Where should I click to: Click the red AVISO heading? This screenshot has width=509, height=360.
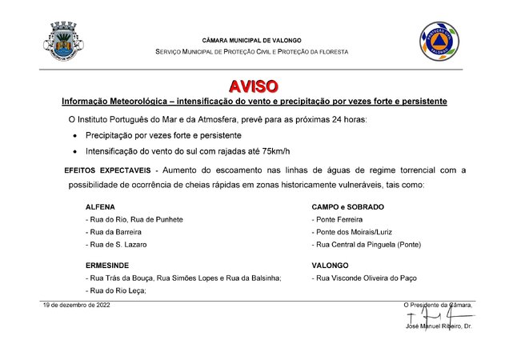(x=254, y=86)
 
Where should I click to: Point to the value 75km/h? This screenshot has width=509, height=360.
(x=271, y=150)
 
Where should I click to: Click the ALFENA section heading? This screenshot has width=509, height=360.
(x=100, y=206)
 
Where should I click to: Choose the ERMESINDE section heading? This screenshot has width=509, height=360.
(x=107, y=264)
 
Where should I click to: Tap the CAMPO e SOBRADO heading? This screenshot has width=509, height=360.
(x=347, y=206)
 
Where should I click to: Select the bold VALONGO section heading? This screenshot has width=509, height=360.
(x=330, y=264)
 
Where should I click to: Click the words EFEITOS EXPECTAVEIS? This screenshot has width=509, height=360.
(x=108, y=170)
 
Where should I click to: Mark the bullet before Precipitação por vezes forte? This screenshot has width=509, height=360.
(x=74, y=136)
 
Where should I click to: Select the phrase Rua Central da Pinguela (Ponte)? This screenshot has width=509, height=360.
(x=366, y=245)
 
